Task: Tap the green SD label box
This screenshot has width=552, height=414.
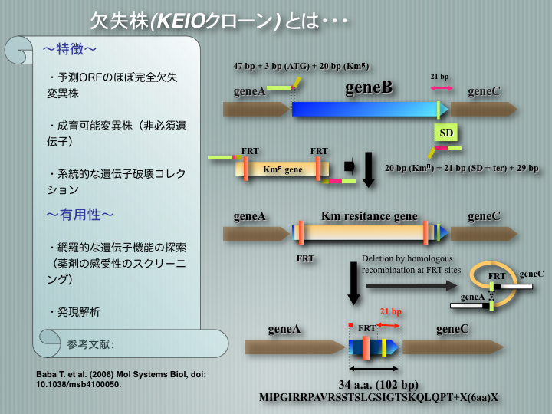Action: pyautogui.click(x=446, y=133)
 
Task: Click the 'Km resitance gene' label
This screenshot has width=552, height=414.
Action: pyautogui.click(x=369, y=217)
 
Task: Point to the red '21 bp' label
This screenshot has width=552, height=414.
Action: pyautogui.click(x=392, y=312)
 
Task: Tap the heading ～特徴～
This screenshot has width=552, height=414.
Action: pyautogui.click(x=69, y=50)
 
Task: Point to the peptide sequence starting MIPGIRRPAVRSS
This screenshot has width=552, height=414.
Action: pyautogui.click(x=379, y=397)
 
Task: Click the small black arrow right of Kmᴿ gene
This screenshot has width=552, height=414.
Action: pyautogui.click(x=350, y=166)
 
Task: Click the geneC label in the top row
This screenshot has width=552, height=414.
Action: pyautogui.click(x=484, y=91)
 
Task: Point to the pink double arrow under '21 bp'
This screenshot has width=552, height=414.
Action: pyautogui.click(x=441, y=89)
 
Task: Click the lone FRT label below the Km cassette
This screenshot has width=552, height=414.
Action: pyautogui.click(x=305, y=259)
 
